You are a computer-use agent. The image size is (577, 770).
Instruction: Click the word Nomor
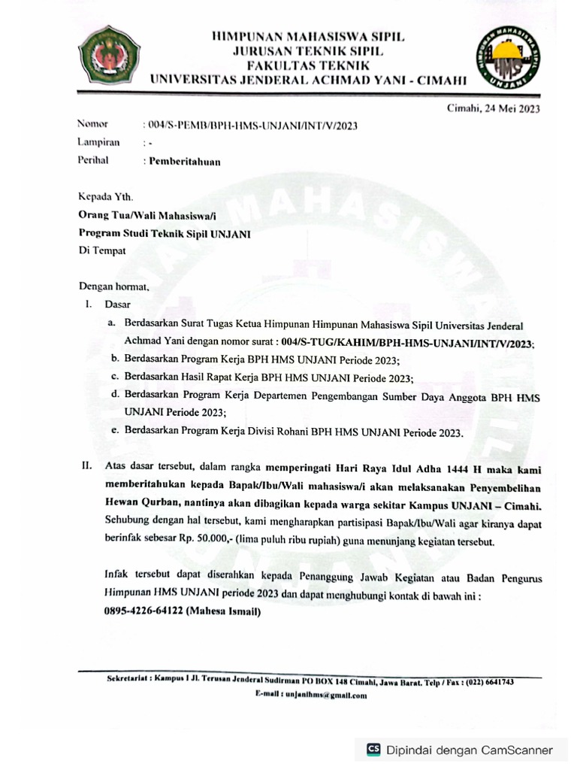(92, 124)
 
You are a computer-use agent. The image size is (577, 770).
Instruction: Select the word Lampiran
(98, 142)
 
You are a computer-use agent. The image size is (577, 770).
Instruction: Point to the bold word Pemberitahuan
(185, 161)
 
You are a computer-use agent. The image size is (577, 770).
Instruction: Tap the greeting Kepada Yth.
(105, 198)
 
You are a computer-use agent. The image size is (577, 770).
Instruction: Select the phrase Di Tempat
(102, 251)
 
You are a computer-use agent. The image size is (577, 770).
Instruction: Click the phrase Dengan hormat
(114, 286)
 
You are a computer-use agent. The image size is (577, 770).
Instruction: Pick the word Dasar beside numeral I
(118, 305)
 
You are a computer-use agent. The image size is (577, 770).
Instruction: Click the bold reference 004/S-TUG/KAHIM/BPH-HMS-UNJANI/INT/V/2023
(405, 343)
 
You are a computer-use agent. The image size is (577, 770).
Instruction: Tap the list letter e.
(113, 432)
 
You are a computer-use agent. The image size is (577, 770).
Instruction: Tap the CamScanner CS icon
(373, 749)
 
